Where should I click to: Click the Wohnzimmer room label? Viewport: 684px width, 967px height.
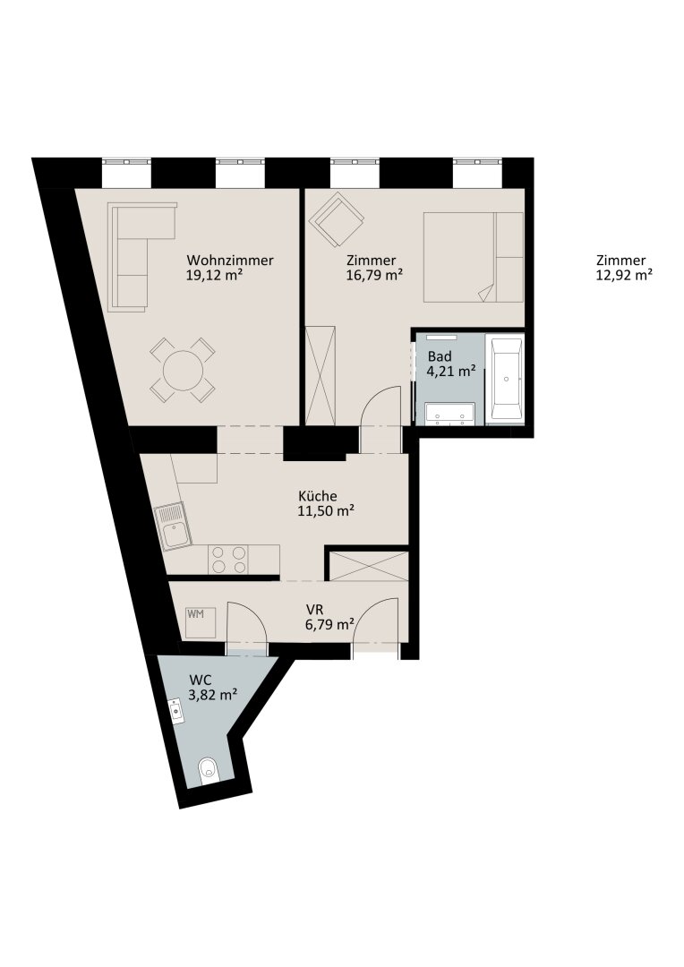click(230, 261)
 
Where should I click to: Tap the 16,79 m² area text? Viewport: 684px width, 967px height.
click(374, 275)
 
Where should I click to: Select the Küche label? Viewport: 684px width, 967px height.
click(318, 496)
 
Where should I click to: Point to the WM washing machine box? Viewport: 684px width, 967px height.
click(201, 623)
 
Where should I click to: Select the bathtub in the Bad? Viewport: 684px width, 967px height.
click(505, 379)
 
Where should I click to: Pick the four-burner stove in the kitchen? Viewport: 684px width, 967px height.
click(227, 560)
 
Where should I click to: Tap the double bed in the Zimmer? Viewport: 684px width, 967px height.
click(473, 257)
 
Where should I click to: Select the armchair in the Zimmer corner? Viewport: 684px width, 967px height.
click(337, 219)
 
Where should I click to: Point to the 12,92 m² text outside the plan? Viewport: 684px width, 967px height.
click(623, 276)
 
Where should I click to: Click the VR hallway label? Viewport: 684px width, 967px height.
click(314, 610)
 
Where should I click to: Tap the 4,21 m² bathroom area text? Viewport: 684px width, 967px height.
click(451, 372)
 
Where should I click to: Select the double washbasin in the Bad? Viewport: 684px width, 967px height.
click(449, 414)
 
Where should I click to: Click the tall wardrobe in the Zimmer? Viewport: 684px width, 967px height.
click(321, 375)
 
